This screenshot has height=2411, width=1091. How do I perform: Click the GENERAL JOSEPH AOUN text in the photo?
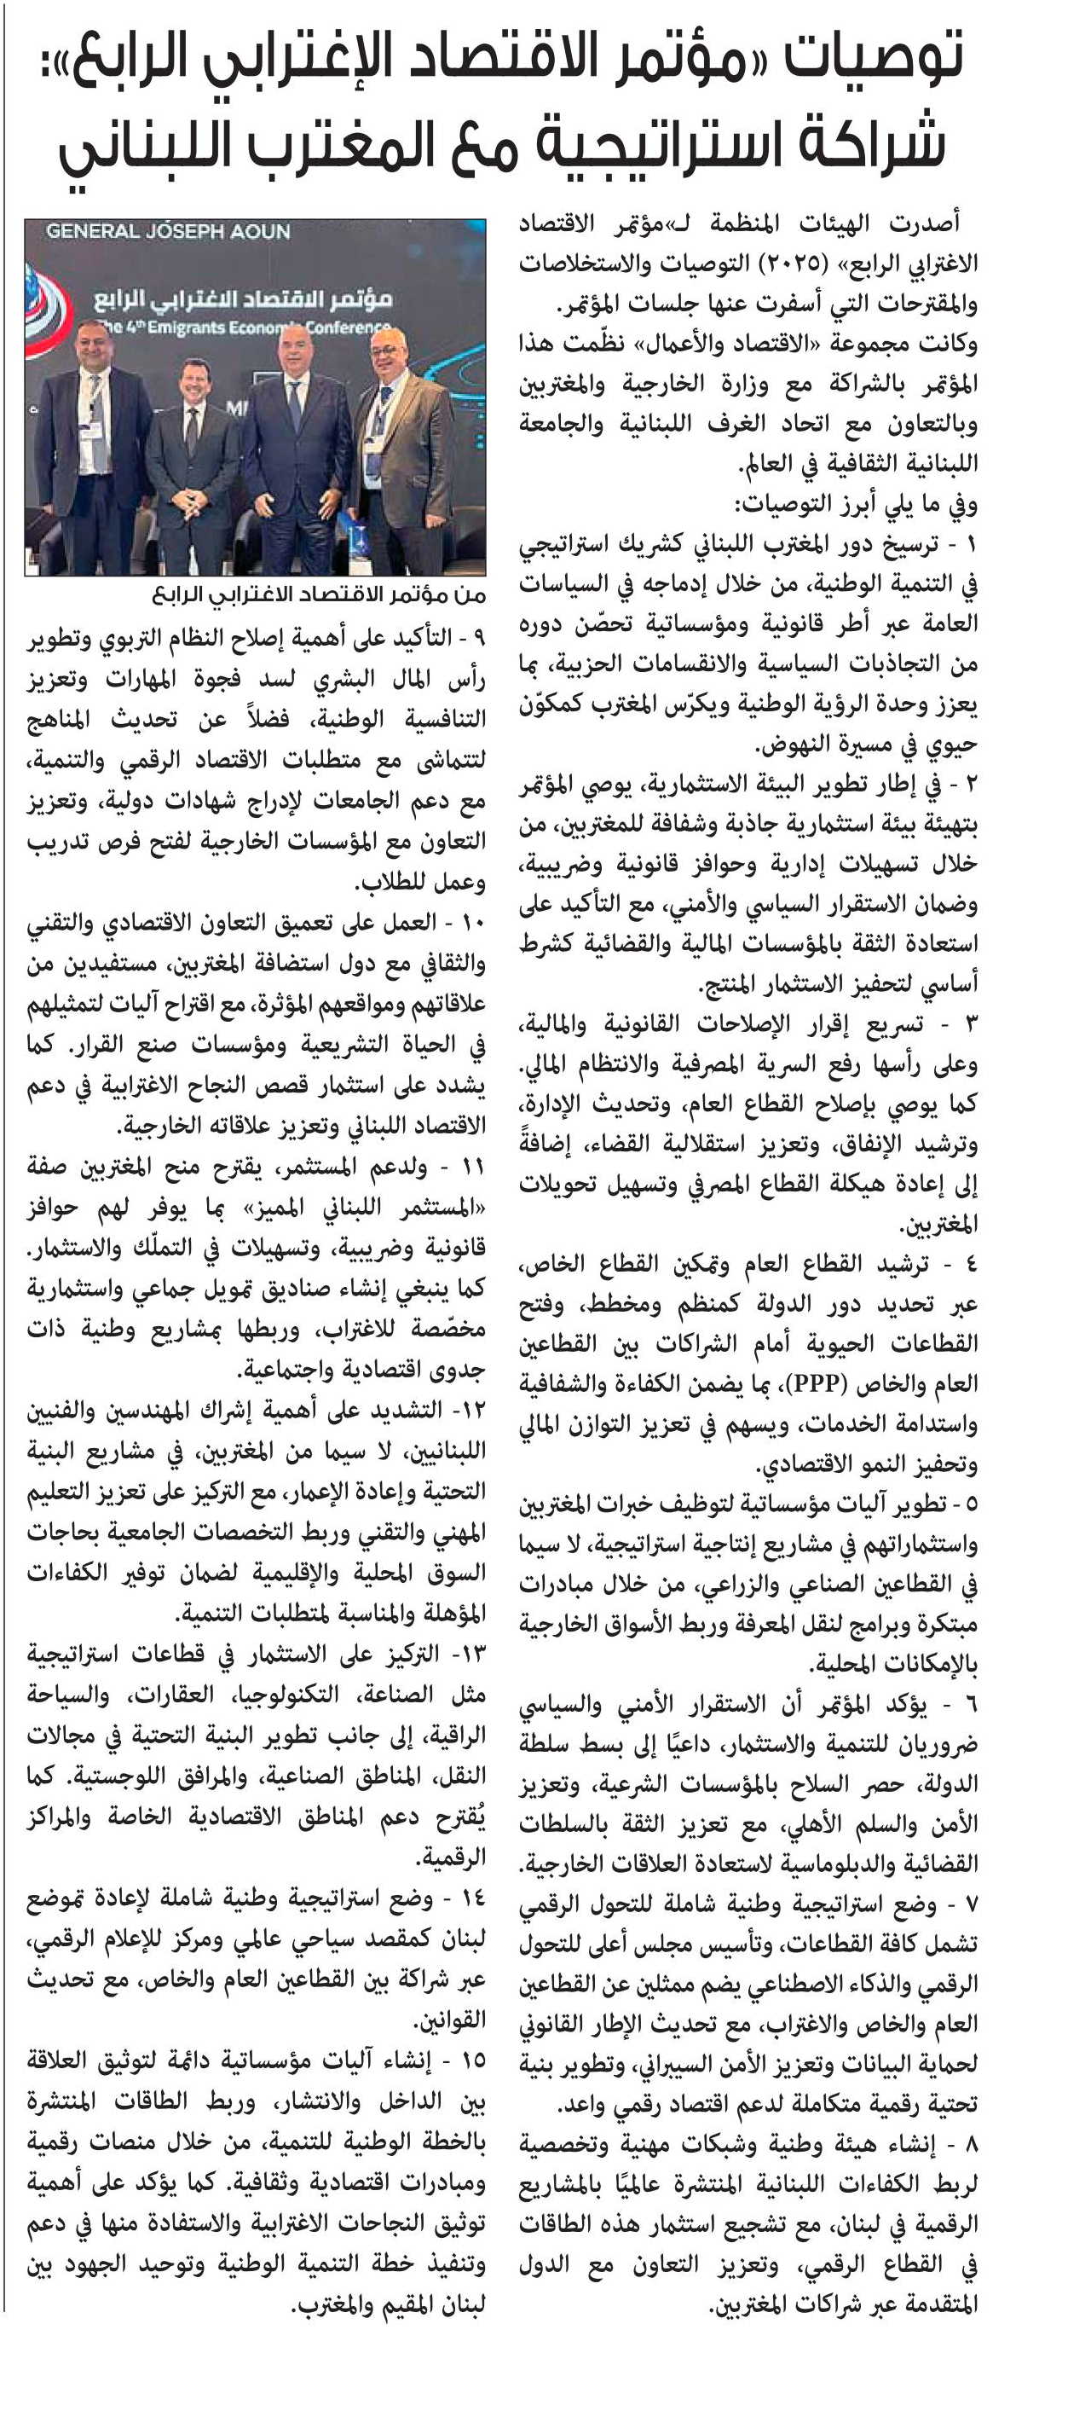point(169,231)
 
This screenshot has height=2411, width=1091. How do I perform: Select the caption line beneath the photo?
point(318,595)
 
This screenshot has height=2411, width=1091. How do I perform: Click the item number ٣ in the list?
point(970,1025)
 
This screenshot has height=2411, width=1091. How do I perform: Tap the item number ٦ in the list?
point(970,1704)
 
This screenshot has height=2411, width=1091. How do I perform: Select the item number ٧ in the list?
point(970,1904)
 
